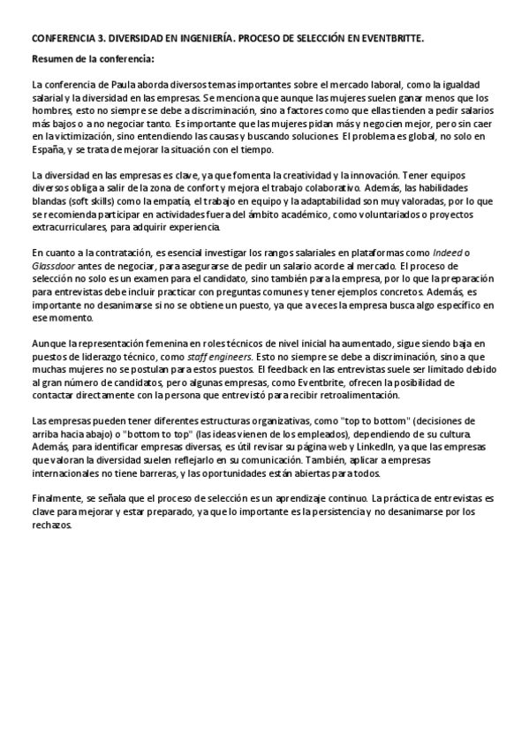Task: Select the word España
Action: pos(48,149)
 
